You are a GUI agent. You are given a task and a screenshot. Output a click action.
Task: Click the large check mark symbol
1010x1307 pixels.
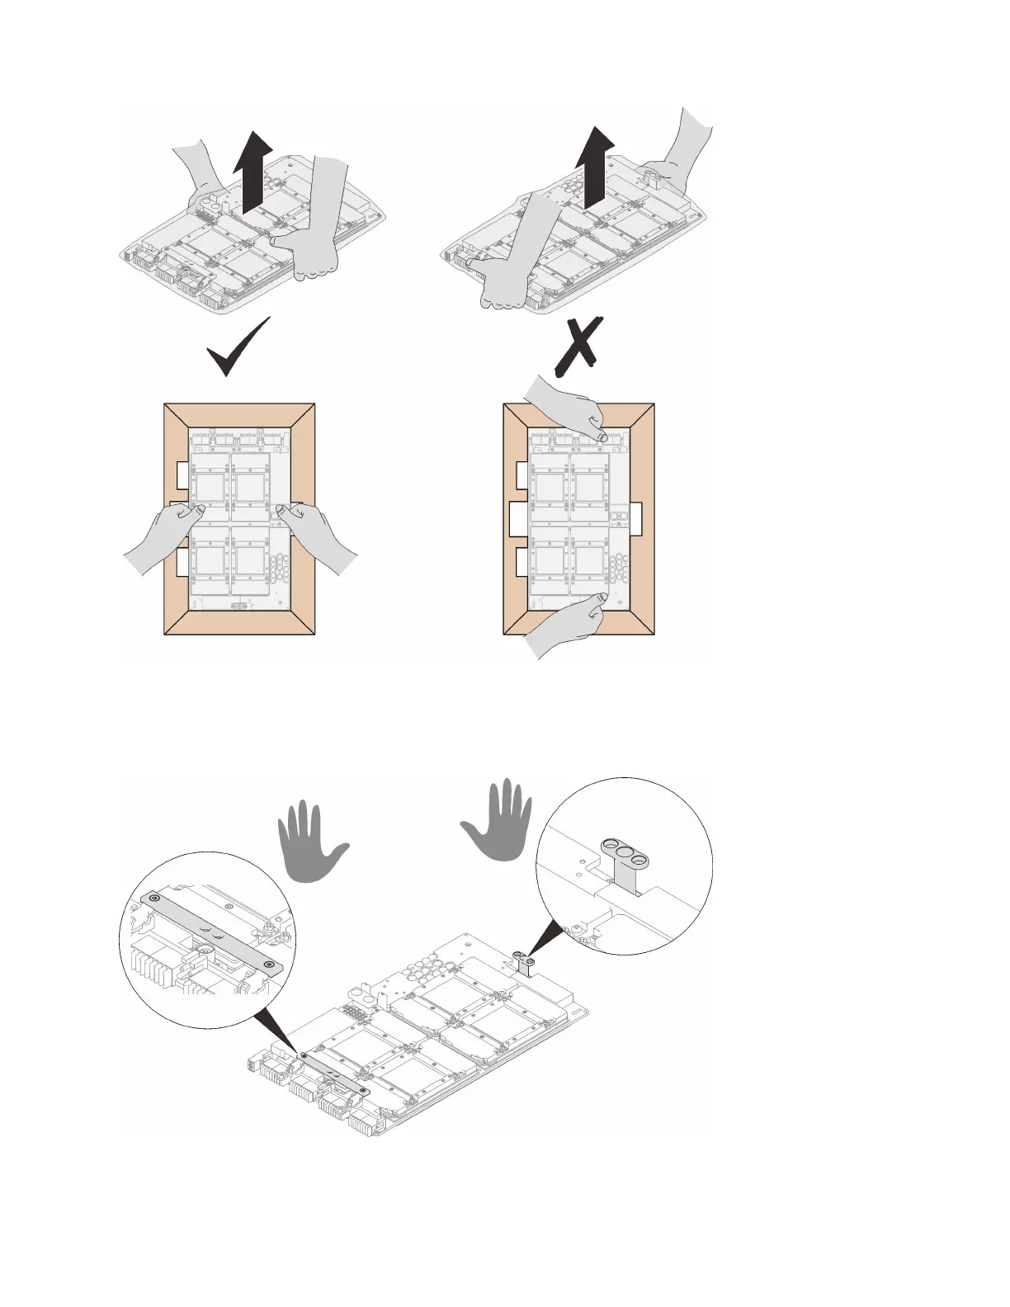tap(239, 351)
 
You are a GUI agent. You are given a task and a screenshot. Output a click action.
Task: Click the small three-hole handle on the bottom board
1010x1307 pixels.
tap(524, 960)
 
